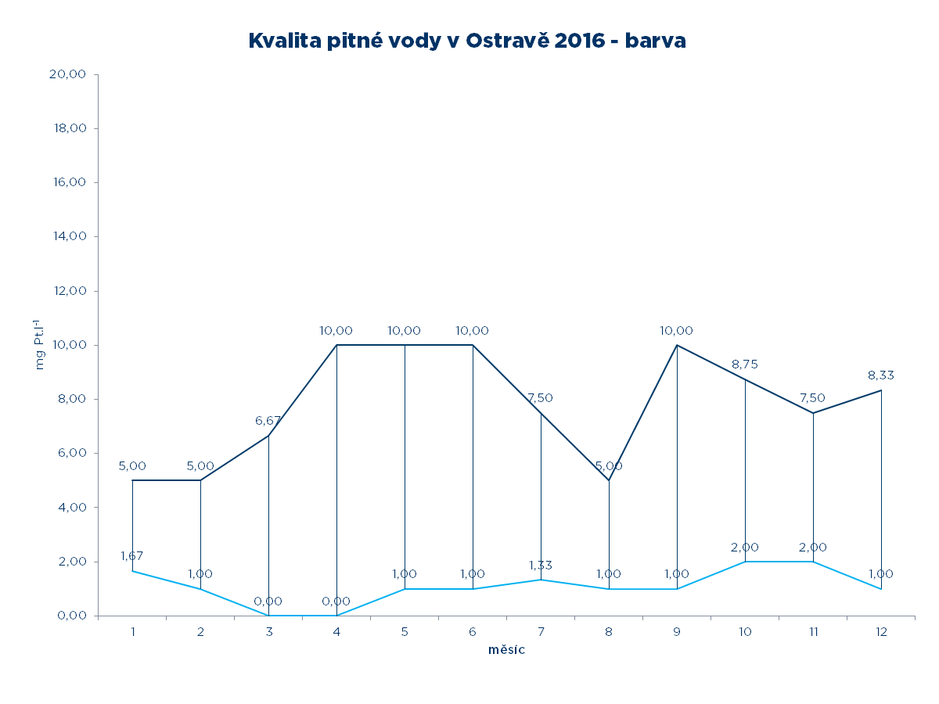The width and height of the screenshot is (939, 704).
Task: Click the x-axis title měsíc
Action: (x=506, y=650)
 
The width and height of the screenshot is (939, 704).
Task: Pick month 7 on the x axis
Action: (x=541, y=631)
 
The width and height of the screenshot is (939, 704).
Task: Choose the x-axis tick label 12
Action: (x=881, y=631)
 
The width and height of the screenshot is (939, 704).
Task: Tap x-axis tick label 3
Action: (x=268, y=631)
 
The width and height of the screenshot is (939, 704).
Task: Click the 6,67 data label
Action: (x=268, y=421)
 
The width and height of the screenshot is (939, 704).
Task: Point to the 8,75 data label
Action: (x=745, y=365)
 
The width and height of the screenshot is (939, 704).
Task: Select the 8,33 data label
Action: (x=881, y=375)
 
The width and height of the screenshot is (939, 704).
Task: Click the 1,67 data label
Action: (x=133, y=556)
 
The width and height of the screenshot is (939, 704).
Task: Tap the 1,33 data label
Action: (x=540, y=565)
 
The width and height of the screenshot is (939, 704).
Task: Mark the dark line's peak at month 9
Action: (x=677, y=345)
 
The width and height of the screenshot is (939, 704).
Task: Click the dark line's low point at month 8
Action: (x=609, y=480)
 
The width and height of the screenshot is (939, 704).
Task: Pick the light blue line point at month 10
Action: (x=745, y=562)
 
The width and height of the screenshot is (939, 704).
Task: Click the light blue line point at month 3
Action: (x=268, y=616)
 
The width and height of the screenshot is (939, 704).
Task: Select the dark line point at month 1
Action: (x=132, y=480)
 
